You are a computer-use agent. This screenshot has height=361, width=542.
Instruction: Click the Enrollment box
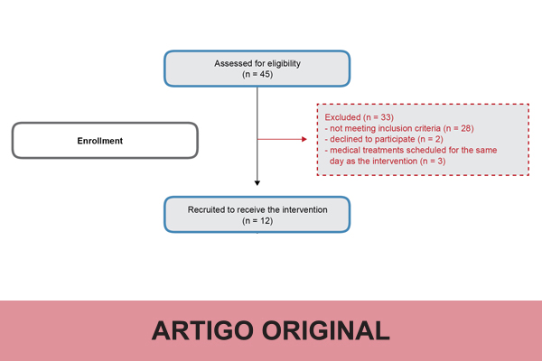[104, 141]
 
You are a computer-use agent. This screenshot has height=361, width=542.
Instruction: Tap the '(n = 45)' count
[257, 74]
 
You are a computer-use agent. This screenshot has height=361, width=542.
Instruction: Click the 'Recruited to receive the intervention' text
[257, 209]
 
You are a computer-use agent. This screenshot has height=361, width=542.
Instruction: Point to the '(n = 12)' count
[257, 220]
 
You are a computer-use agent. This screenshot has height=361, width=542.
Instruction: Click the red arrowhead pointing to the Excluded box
[304, 140]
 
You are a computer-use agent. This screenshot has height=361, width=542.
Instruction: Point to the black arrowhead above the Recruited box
[257, 186]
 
